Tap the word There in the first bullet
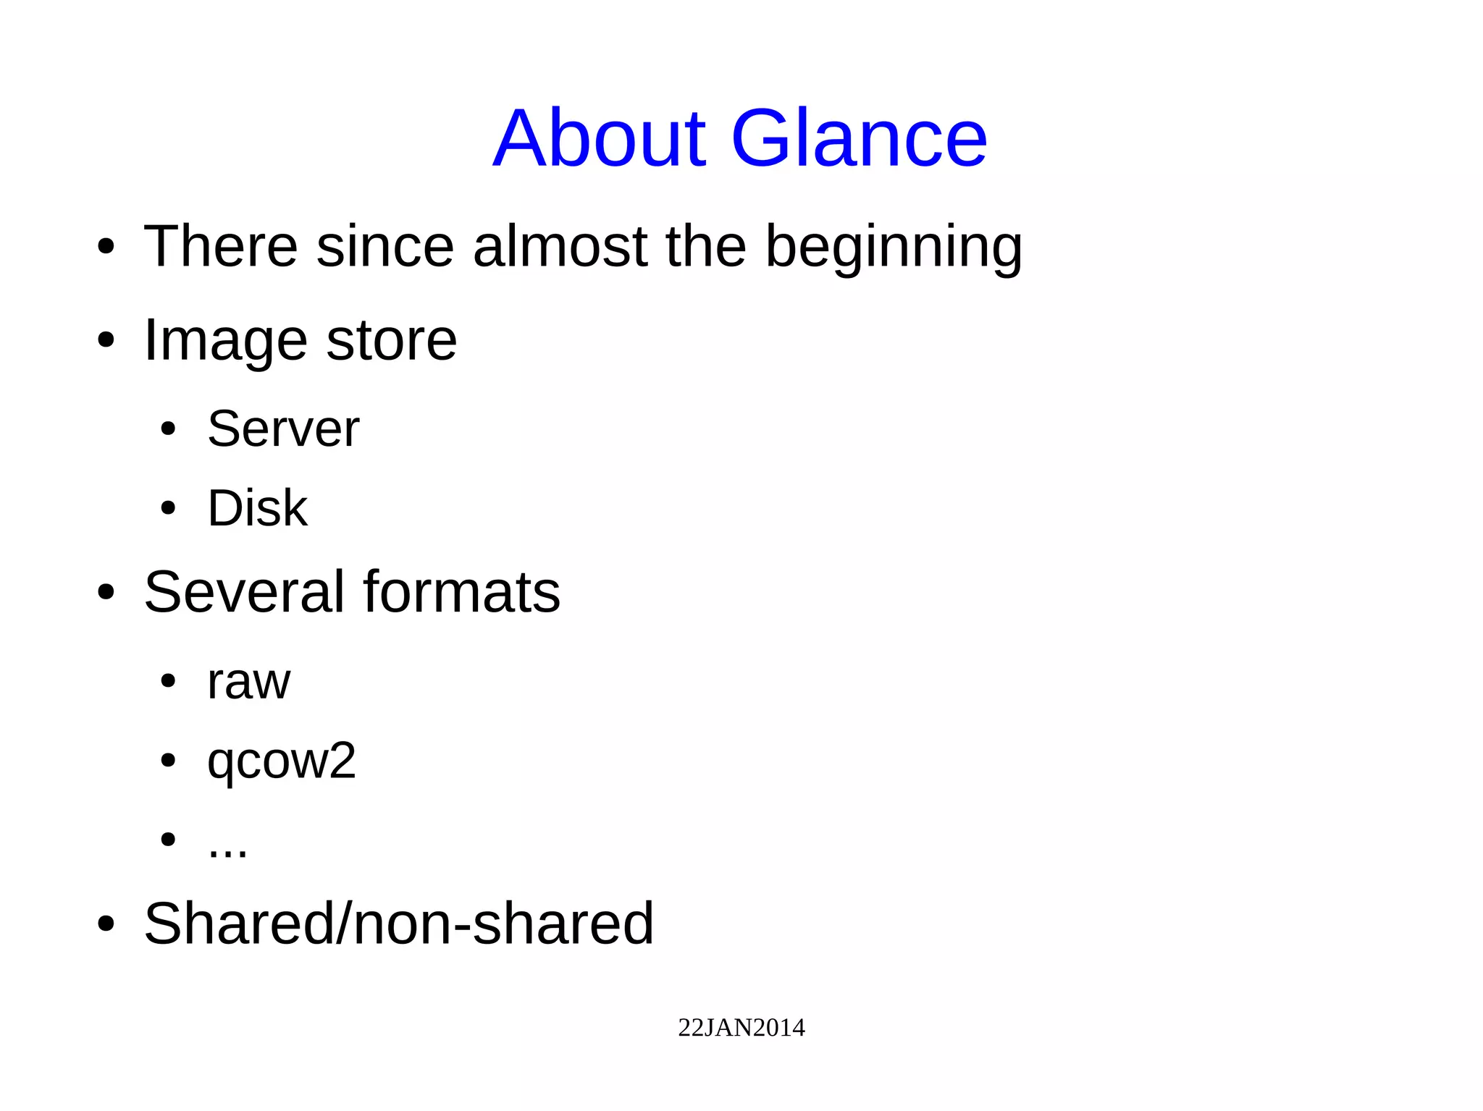(x=220, y=247)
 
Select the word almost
(x=560, y=247)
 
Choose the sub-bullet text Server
(x=283, y=428)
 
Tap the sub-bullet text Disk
(x=257, y=508)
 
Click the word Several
(x=244, y=592)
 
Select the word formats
(x=461, y=592)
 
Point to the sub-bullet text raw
(x=248, y=683)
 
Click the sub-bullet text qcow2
(x=281, y=761)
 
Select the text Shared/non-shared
(x=398, y=924)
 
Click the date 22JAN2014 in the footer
(x=741, y=1028)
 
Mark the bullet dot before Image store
(x=106, y=341)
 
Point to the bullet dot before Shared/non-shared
(x=106, y=924)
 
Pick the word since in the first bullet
(x=385, y=247)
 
